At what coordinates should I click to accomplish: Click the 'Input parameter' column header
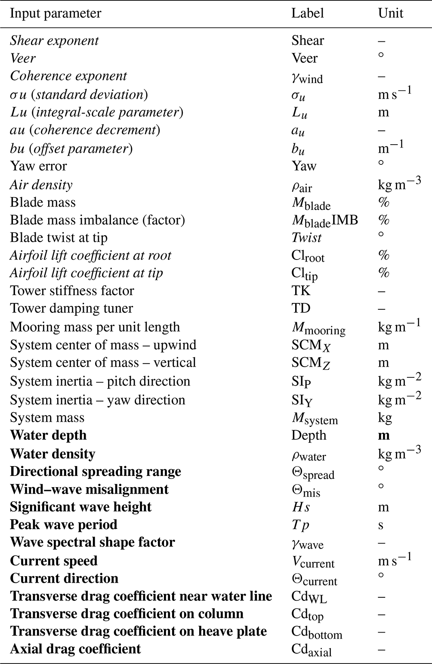tap(56, 13)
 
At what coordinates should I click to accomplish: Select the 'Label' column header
tap(307, 13)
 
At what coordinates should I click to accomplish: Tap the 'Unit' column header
tap(390, 13)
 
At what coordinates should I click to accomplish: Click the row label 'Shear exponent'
tap(54, 41)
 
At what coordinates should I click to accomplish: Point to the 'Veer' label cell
tap(304, 58)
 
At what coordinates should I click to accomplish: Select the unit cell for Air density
tap(399, 185)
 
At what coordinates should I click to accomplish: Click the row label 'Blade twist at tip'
tap(59, 238)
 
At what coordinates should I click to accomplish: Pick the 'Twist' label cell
tap(306, 238)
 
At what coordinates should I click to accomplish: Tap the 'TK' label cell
tap(301, 290)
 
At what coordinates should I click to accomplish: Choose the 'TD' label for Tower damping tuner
tap(301, 308)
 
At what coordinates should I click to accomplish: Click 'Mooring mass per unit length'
tap(95, 327)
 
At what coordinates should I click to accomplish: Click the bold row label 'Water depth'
tap(48, 435)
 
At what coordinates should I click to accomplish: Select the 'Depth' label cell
tap(309, 435)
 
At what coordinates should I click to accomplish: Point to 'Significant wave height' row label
tap(81, 506)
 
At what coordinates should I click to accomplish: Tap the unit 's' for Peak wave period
tap(381, 525)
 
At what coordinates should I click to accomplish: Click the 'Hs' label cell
tap(301, 507)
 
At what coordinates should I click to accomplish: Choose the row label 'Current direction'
tap(64, 578)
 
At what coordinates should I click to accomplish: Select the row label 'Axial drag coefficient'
tap(75, 649)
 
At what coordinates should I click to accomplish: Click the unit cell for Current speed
tap(395, 561)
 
